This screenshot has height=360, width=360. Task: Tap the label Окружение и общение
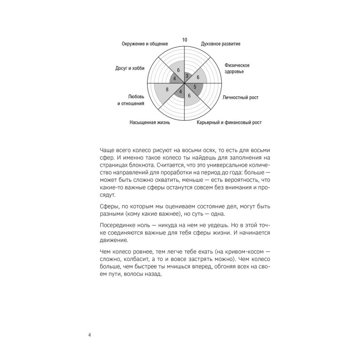(x=145, y=44)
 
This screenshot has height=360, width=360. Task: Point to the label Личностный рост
(x=241, y=97)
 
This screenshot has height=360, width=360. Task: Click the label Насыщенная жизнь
(x=150, y=122)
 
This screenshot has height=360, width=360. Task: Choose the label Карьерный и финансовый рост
(x=229, y=122)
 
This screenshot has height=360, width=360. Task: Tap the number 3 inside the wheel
(x=187, y=76)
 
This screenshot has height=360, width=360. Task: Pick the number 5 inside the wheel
(x=195, y=86)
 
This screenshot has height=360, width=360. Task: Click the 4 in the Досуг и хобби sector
(x=175, y=79)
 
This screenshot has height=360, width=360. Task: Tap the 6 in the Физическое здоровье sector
(x=198, y=77)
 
